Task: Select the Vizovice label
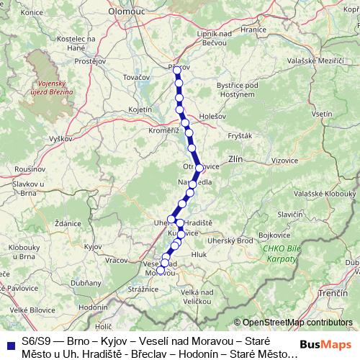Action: click(x=285, y=160)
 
